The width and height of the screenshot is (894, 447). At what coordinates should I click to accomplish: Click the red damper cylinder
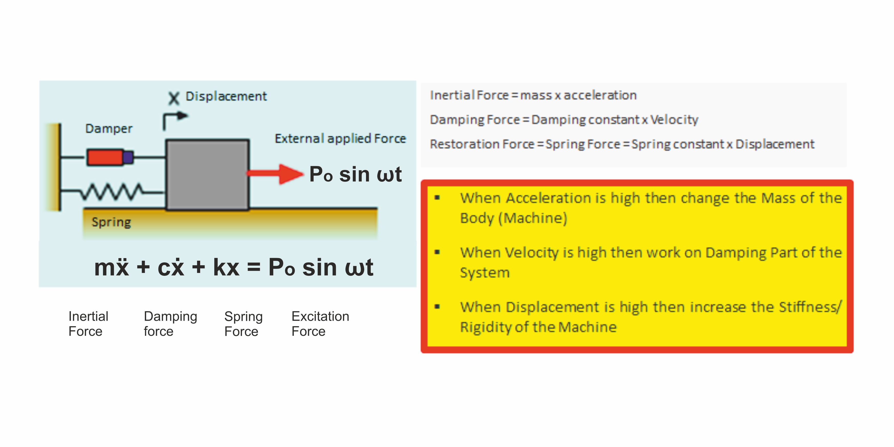(105, 157)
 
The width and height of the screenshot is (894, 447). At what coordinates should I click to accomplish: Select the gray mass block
(207, 174)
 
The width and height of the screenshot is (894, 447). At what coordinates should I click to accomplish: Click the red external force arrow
(274, 174)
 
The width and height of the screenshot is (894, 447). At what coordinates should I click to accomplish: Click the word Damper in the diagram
(109, 129)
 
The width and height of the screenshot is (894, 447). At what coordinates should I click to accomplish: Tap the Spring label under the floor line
(111, 222)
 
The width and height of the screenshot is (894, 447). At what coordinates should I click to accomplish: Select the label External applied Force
(340, 138)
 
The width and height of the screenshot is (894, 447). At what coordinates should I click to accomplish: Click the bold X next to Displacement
(174, 98)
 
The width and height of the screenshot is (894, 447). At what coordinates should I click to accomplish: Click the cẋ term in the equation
(171, 268)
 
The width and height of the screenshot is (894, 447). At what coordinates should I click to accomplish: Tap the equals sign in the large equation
(254, 268)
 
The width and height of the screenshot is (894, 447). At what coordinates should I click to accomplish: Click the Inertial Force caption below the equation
(88, 324)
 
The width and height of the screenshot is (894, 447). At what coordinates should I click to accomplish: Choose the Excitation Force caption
(320, 324)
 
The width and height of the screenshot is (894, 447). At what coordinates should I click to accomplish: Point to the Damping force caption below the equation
(170, 324)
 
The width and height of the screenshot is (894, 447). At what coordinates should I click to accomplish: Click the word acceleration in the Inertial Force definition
(600, 95)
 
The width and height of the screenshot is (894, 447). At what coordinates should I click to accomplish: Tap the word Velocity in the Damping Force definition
(674, 120)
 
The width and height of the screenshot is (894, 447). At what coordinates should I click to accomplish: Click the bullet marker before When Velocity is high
(437, 252)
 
